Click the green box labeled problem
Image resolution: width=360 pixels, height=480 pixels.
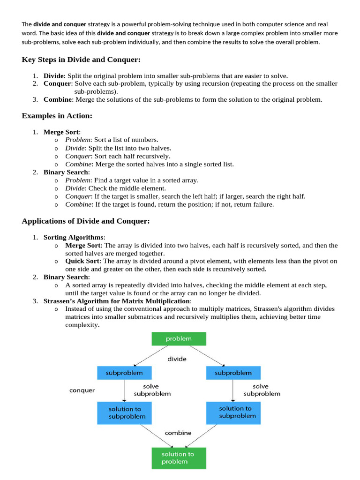coord(178,338)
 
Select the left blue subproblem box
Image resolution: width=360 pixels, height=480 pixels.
coord(124,373)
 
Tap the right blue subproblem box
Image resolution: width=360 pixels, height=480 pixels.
coord(233,373)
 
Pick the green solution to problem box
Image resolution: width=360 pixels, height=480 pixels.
coord(178,457)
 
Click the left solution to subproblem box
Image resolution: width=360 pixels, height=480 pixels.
coord(124,412)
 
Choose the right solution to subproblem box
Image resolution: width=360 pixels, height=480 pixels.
coord(233,412)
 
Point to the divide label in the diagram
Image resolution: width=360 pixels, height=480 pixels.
coord(177,359)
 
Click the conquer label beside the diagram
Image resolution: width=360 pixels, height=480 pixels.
coord(82,390)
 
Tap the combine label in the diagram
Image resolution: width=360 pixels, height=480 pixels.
coord(178,433)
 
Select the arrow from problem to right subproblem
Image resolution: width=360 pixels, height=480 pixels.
coord(206,355)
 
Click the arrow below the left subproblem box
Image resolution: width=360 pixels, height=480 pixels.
coord(124,390)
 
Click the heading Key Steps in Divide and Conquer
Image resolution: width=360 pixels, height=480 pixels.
coord(81,60)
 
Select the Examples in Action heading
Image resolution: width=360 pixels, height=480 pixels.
coord(57,115)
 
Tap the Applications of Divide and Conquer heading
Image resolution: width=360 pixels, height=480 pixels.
coord(86,221)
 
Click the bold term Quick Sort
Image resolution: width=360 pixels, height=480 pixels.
coord(82,261)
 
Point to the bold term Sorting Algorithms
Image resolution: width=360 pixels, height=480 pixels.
coord(73,238)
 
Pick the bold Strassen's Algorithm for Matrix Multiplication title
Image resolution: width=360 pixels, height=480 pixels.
coord(117,301)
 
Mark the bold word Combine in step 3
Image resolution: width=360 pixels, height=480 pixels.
coord(58,99)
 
